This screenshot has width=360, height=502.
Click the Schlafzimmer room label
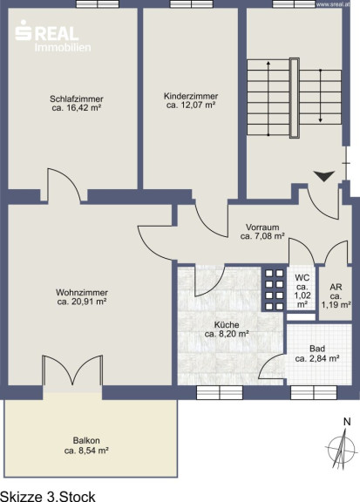coord(76,99)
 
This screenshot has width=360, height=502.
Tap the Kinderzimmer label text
coord(191,96)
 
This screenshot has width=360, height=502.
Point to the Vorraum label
coord(262,227)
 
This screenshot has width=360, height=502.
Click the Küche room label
coord(227,325)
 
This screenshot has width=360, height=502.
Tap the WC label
coord(302,277)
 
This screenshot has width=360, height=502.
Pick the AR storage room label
coord(336,288)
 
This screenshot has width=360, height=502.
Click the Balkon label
coord(86,440)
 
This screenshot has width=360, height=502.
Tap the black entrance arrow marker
coord(324,176)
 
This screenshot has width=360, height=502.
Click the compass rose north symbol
coord(342,448)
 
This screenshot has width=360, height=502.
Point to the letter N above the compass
coord(347,423)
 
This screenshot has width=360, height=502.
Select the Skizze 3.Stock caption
coord(48,496)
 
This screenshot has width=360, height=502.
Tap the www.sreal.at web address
coord(332,4)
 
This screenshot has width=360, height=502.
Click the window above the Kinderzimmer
coord(192,4)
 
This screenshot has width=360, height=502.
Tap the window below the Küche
coord(220,392)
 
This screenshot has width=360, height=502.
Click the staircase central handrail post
coord(295,98)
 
